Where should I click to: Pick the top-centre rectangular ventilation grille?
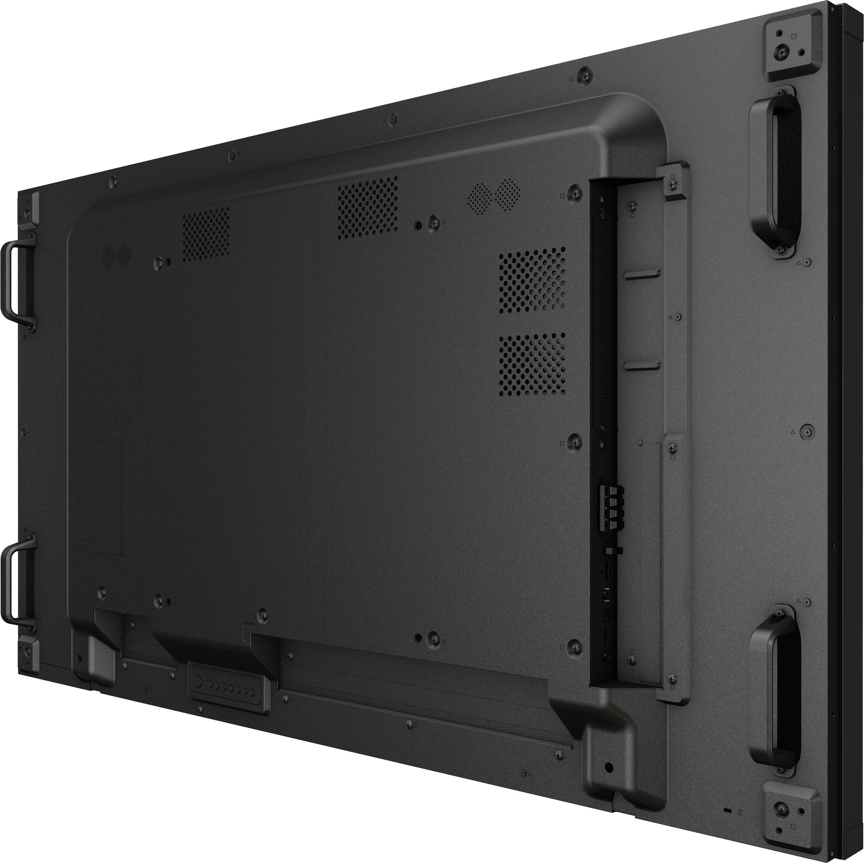click(x=367, y=207)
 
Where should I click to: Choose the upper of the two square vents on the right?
click(x=532, y=280)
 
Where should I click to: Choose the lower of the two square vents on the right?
click(x=532, y=365)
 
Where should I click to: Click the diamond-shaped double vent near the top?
click(x=494, y=195)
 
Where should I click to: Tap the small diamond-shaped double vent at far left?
click(x=117, y=255)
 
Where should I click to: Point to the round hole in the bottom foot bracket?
click(x=608, y=767)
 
